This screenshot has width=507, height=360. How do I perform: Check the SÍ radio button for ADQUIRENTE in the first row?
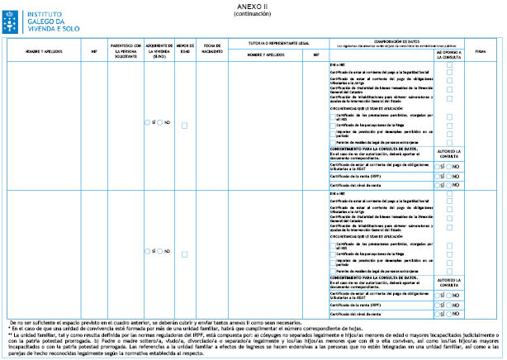(147, 122)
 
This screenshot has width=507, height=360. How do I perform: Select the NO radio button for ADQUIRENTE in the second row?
(162, 250)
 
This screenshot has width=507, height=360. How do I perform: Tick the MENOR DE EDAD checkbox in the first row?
(184, 122)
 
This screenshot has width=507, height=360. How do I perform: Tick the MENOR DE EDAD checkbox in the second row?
(184, 250)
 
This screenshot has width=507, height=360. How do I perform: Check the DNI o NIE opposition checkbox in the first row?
(449, 65)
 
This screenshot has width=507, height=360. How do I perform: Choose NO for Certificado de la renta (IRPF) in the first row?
(453, 175)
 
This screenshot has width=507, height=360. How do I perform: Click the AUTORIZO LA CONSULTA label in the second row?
(449, 280)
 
